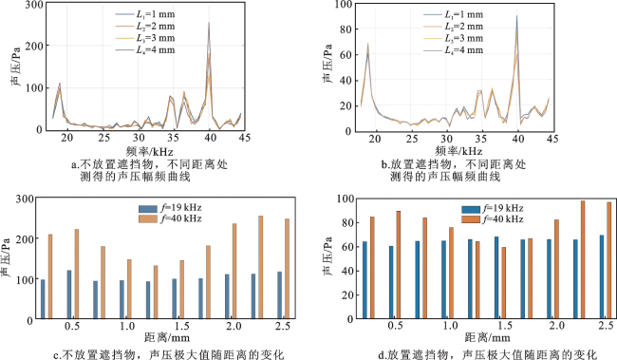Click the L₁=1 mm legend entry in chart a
tap(145, 14)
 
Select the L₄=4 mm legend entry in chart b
tap(454, 50)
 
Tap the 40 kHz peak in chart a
tap(209, 22)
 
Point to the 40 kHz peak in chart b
tap(516, 16)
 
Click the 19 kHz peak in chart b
tap(368, 44)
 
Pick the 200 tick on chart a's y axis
tap(34, 46)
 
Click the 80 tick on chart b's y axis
tap(346, 29)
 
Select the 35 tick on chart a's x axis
tap(173, 138)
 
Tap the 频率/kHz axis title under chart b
tap(458, 150)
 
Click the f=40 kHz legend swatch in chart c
tap(147, 218)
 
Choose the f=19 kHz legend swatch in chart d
tap(471, 209)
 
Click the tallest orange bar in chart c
tap(260, 267)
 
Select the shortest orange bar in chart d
tap(504, 283)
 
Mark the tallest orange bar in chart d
tap(583, 259)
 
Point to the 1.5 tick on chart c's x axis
tap(181, 327)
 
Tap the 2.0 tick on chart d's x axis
tap(557, 326)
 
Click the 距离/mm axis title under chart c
tap(167, 338)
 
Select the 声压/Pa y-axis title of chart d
tap(327, 256)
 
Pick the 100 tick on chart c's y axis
tap(24, 279)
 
